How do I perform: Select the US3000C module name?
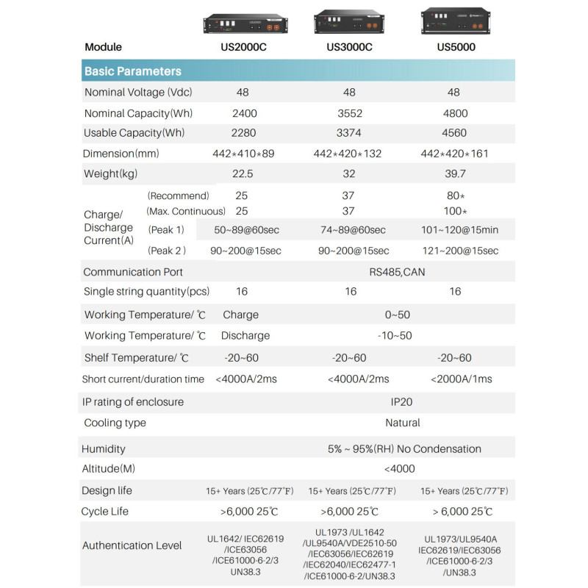[x=349, y=47]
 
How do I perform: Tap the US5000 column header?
[x=456, y=47]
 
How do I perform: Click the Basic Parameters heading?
[x=133, y=71]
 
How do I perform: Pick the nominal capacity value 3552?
[x=349, y=113]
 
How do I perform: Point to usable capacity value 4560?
[x=453, y=133]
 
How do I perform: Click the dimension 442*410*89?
[x=243, y=154]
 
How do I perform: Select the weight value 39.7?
[x=453, y=173]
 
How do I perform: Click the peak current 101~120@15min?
[x=459, y=230]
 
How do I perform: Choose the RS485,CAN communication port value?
[x=397, y=272]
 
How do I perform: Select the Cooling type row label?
[x=115, y=423]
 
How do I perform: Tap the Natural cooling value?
[x=403, y=423]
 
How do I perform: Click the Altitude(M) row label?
[x=108, y=469]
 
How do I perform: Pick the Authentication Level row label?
[x=132, y=545]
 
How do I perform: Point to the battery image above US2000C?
[x=243, y=24]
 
